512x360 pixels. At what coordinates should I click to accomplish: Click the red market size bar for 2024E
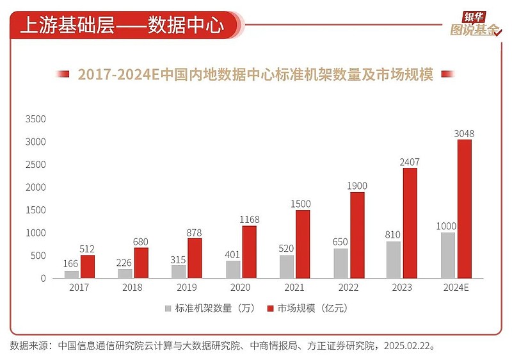click(465, 209)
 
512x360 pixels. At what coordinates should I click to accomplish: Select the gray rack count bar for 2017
click(72, 274)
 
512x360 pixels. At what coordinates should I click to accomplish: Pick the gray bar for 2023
click(394, 259)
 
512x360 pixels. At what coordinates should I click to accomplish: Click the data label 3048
click(465, 133)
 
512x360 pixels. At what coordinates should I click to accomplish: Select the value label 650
click(340, 242)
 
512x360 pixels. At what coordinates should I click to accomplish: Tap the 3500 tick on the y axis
click(36, 119)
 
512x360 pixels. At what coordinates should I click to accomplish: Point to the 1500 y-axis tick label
click(36, 210)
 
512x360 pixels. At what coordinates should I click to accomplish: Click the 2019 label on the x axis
click(186, 288)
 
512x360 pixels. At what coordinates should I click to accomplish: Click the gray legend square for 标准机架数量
click(168, 308)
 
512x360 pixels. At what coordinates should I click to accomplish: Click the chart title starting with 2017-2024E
click(255, 74)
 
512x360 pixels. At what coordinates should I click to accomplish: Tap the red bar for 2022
click(357, 235)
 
